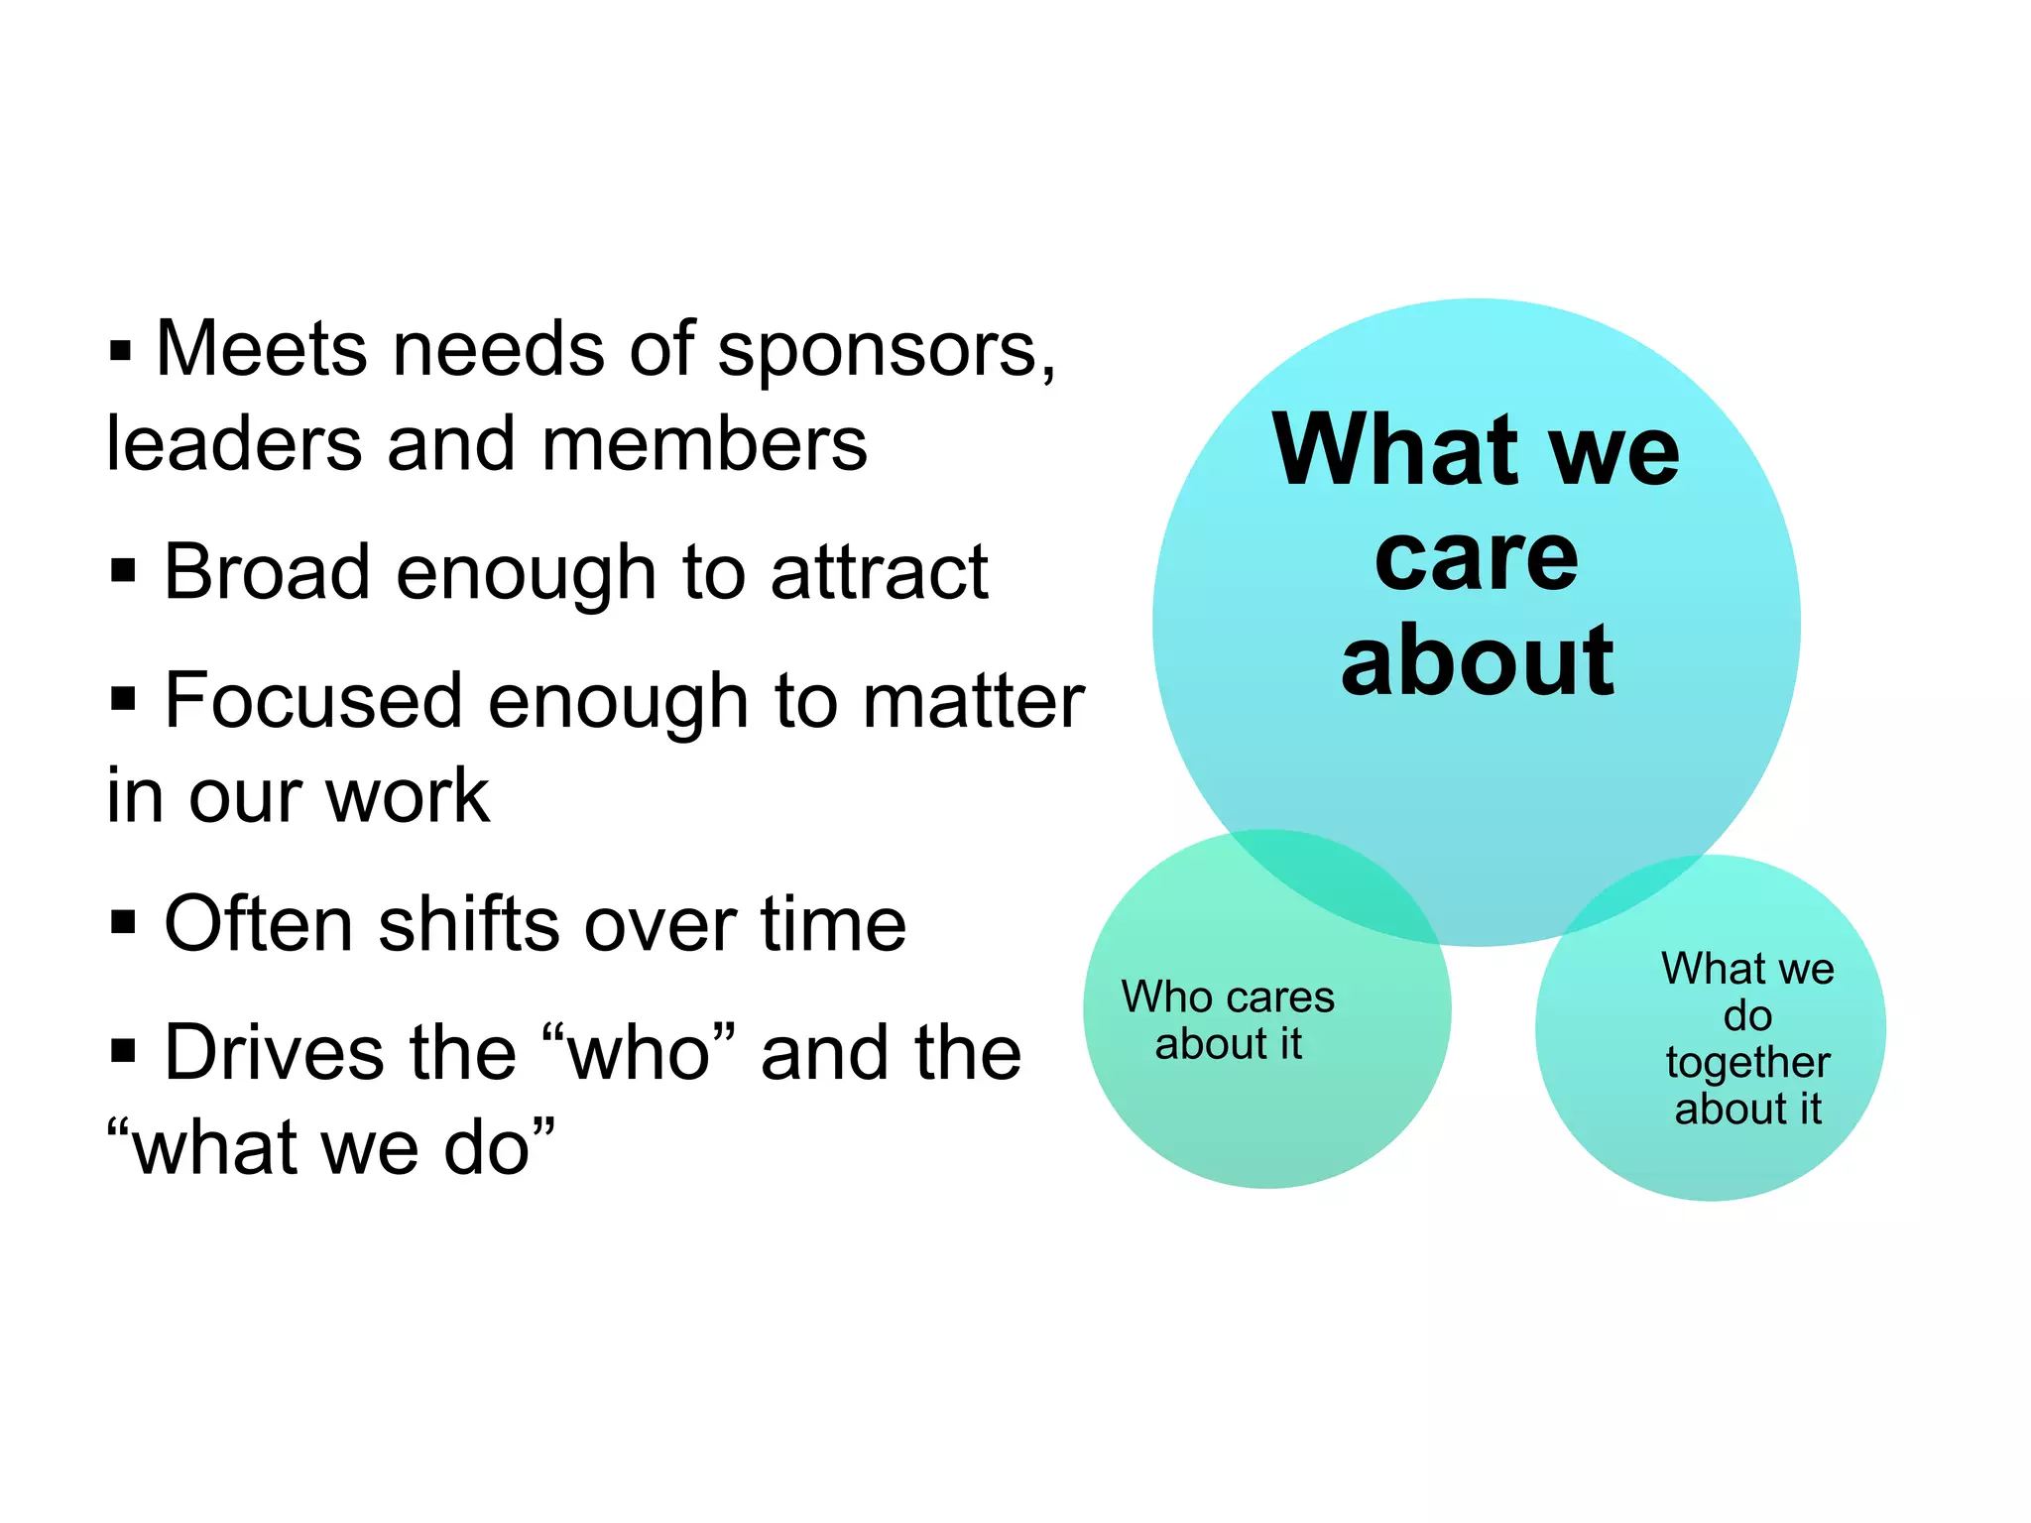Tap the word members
click(x=704, y=445)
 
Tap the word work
click(x=408, y=796)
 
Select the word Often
click(x=258, y=924)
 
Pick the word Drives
click(x=273, y=1053)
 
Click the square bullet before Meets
click(x=120, y=351)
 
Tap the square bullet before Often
click(x=123, y=923)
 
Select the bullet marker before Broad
click(x=123, y=571)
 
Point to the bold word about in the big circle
click(x=1477, y=662)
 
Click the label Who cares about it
click(x=1228, y=1020)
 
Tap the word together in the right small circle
click(x=1747, y=1063)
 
